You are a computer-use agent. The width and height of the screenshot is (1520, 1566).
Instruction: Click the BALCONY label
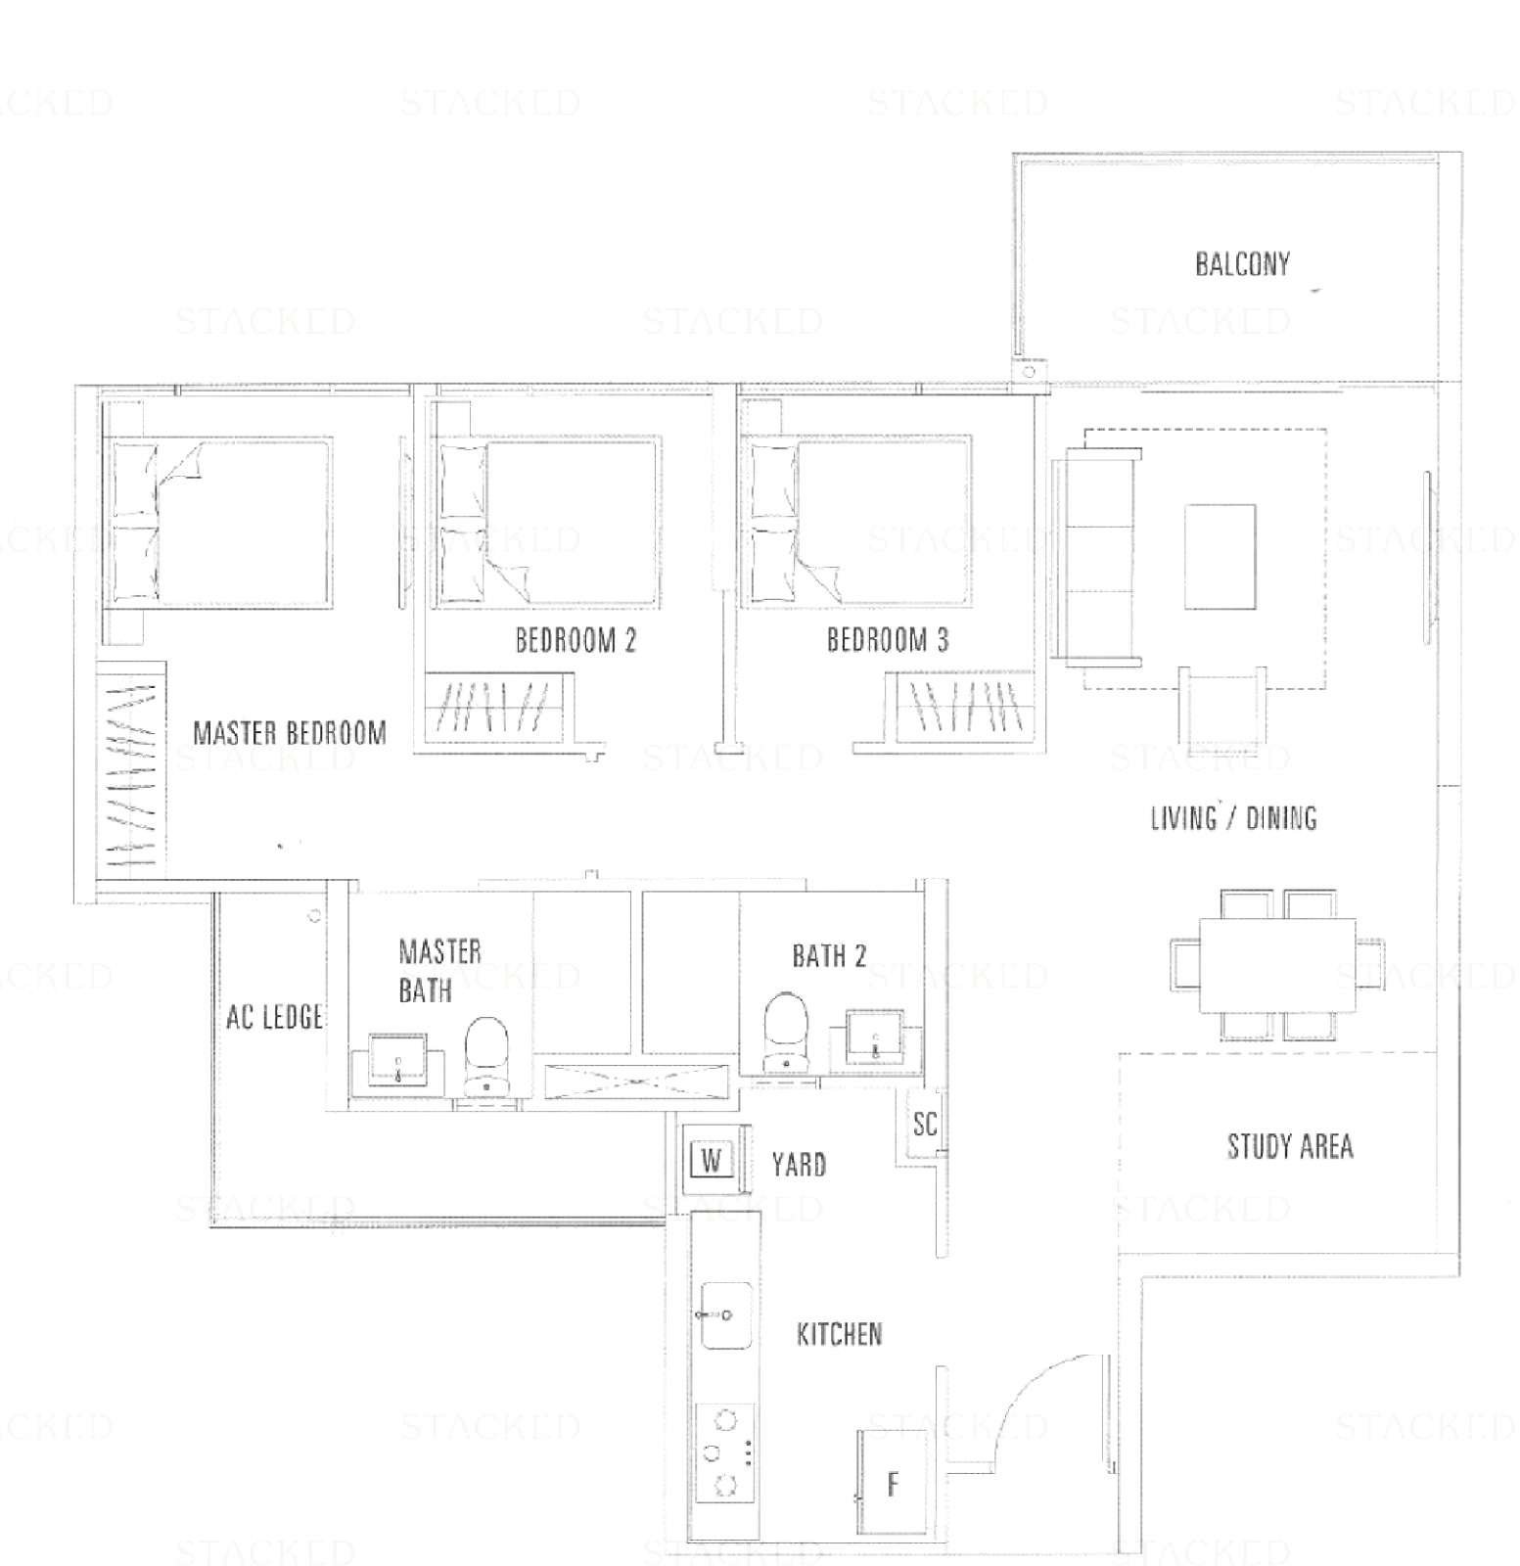[1242, 263]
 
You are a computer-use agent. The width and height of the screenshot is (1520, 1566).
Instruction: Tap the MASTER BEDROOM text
[290, 733]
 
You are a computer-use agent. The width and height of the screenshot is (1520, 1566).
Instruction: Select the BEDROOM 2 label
[576, 640]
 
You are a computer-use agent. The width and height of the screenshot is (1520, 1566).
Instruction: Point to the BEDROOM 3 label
[888, 640]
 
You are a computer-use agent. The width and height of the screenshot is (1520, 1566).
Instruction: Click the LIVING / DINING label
[1233, 817]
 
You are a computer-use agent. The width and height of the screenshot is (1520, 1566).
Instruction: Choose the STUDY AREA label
[1290, 1146]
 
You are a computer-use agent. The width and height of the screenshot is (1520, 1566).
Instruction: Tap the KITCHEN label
[840, 1334]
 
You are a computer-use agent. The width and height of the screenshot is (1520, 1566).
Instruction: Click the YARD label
[799, 1165]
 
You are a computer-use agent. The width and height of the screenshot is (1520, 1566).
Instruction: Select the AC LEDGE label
[274, 1017]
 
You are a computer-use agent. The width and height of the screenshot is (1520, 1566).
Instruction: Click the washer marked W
[713, 1162]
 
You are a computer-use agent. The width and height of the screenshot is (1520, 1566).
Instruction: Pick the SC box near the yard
[924, 1125]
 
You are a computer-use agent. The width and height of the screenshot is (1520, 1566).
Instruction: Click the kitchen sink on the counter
[724, 1315]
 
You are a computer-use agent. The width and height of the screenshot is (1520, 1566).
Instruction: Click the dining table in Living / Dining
[1278, 966]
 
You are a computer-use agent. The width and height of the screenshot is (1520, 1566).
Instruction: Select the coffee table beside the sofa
[1220, 557]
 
